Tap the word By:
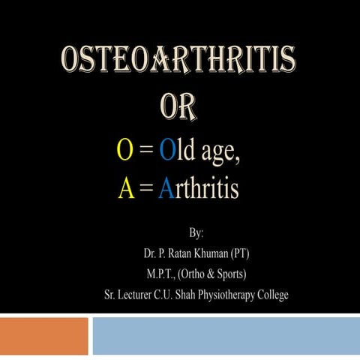(x=203, y=228)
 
